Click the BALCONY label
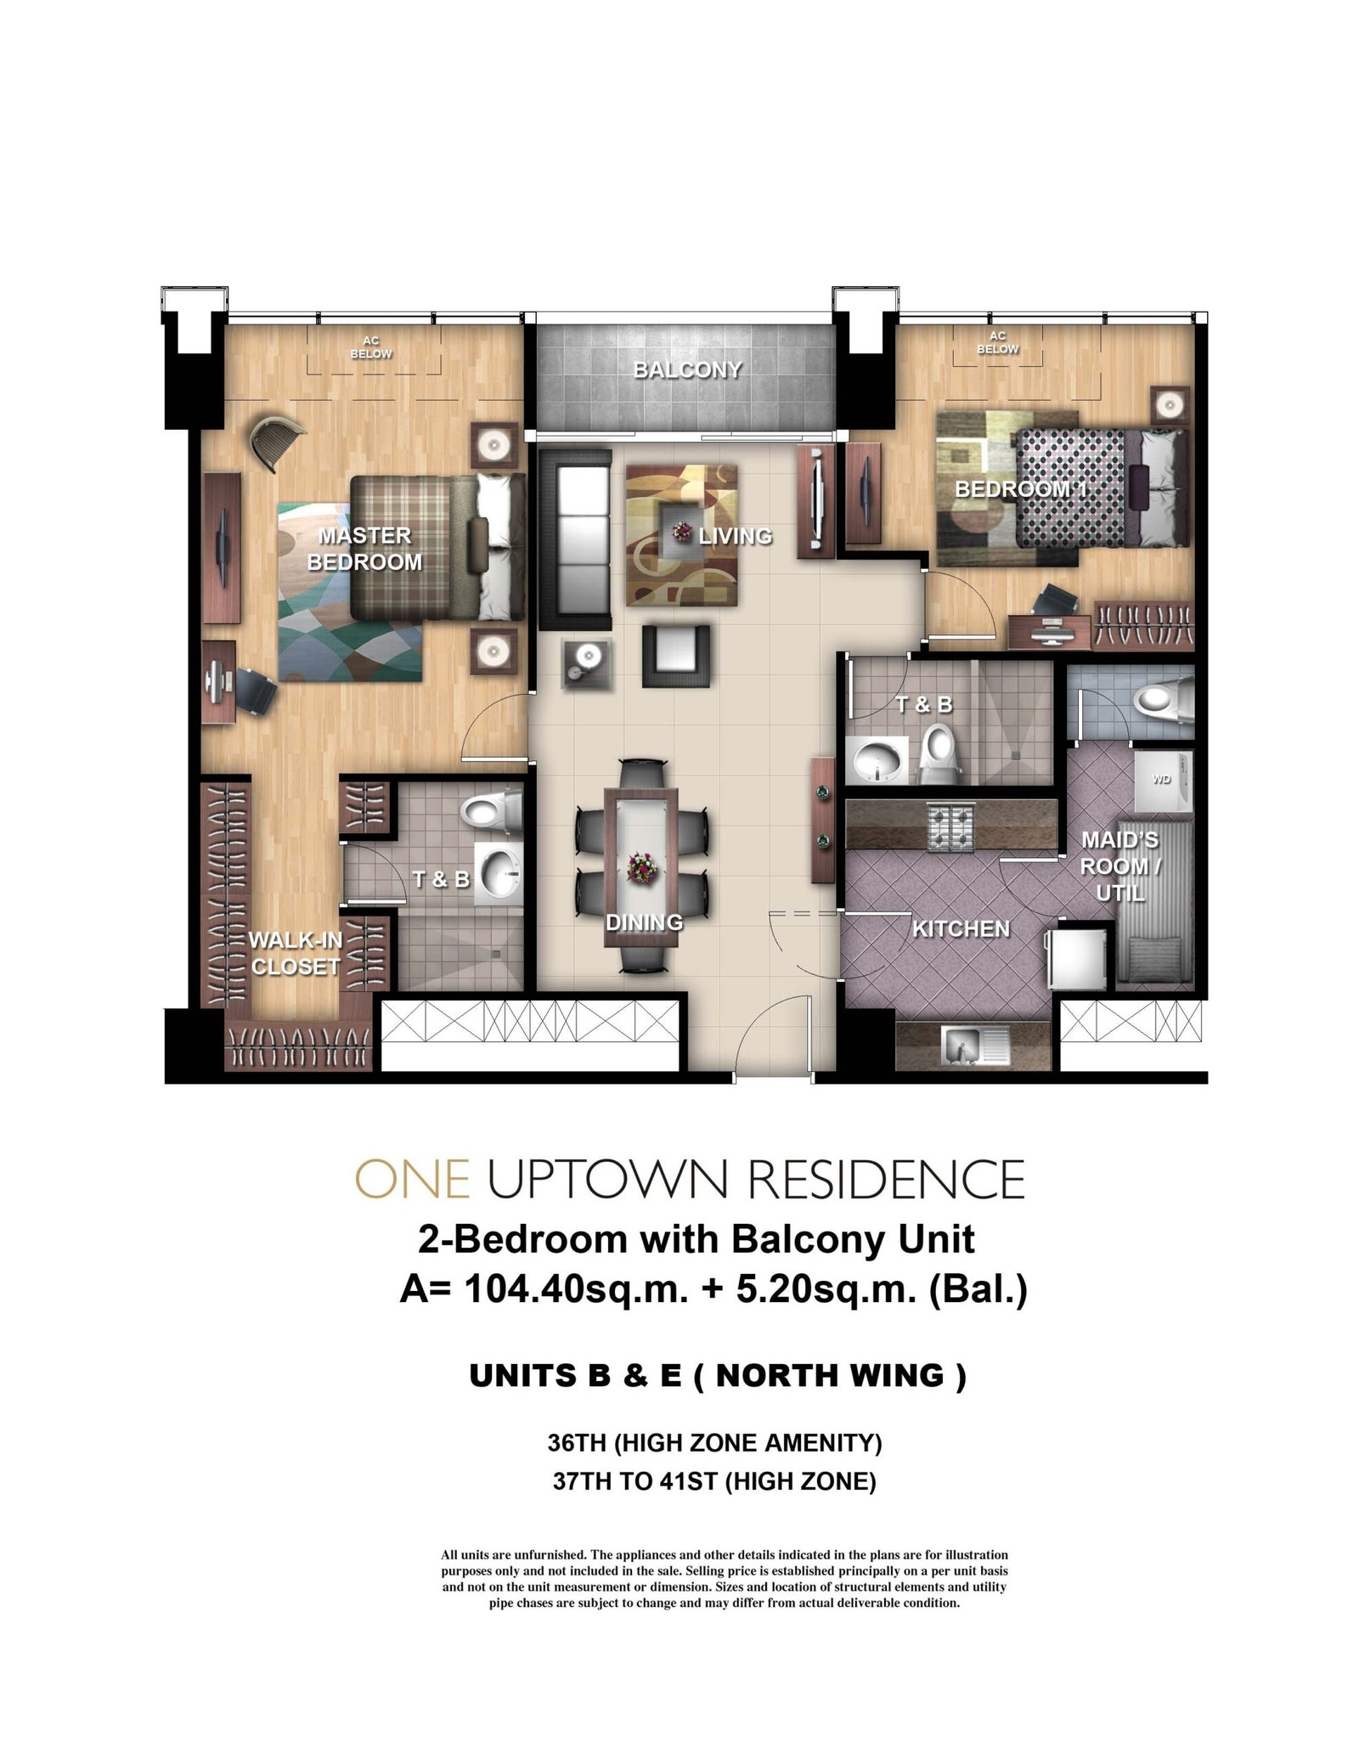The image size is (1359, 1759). [x=687, y=369]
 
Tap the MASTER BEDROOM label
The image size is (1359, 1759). [x=364, y=549]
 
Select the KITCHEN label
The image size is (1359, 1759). [x=961, y=929]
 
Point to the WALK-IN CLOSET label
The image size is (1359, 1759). [x=296, y=953]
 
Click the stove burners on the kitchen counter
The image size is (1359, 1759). [x=950, y=825]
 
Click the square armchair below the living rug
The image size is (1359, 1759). [x=676, y=655]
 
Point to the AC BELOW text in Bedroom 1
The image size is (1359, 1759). [x=997, y=342]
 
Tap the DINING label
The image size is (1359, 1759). [x=644, y=922]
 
